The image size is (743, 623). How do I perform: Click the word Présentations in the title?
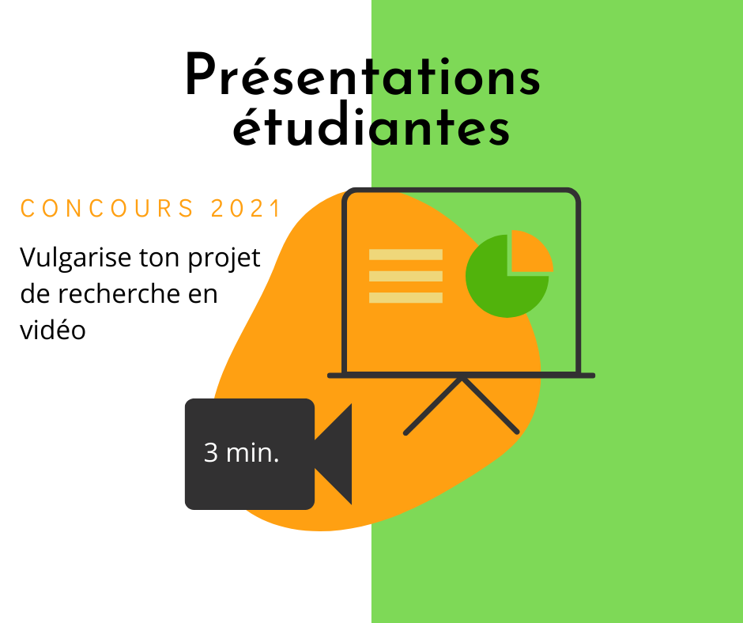coord(363,75)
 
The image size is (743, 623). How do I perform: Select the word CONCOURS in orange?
coord(107,209)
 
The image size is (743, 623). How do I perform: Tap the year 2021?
coord(246,209)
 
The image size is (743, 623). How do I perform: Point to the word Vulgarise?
coord(76,259)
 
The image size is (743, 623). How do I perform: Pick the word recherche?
coord(119,294)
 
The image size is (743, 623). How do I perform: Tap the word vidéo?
coord(53,330)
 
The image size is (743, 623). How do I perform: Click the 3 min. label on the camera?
coord(241,452)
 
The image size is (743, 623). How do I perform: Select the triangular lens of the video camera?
coord(338,455)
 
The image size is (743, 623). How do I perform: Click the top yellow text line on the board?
coord(405,255)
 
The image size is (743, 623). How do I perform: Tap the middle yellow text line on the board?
coord(405,276)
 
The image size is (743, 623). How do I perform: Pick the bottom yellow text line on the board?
coord(405,298)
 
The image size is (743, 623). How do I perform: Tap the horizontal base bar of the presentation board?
coord(461,376)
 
